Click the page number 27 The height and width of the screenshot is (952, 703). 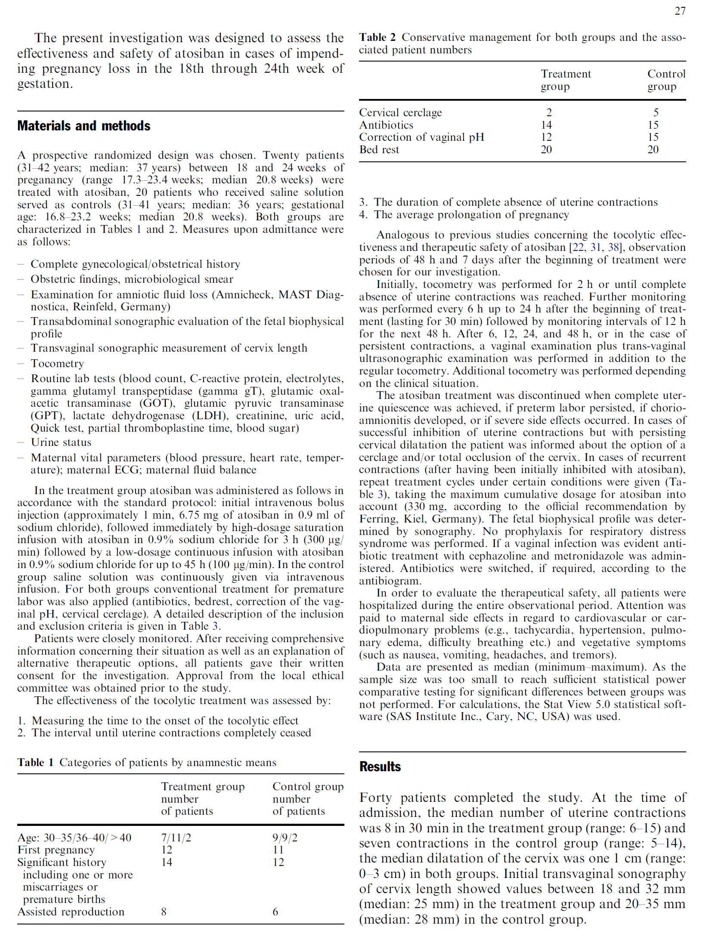point(680,11)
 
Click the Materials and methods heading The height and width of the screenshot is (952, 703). point(84,126)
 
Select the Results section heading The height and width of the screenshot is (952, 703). point(380,767)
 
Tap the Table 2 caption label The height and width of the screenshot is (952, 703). point(377,37)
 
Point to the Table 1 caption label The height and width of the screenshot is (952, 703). point(35,762)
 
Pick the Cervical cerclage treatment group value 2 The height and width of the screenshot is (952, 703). point(549,112)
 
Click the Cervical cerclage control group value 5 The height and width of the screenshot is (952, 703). point(656,112)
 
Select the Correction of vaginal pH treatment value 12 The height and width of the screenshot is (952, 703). point(546,137)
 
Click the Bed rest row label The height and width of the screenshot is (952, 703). point(379,149)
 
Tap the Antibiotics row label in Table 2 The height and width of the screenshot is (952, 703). point(386,125)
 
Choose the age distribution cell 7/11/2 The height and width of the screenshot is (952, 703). point(176,838)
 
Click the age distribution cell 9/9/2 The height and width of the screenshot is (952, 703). point(285,838)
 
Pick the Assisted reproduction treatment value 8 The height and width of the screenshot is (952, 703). point(164,912)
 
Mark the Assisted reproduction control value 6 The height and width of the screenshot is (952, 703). point(275,912)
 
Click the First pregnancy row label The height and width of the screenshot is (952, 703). point(56,850)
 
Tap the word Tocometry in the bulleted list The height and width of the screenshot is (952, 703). point(57,364)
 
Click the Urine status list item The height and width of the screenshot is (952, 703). point(61,442)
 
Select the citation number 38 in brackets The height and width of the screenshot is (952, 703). point(613,247)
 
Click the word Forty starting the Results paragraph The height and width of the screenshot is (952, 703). point(375,797)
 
